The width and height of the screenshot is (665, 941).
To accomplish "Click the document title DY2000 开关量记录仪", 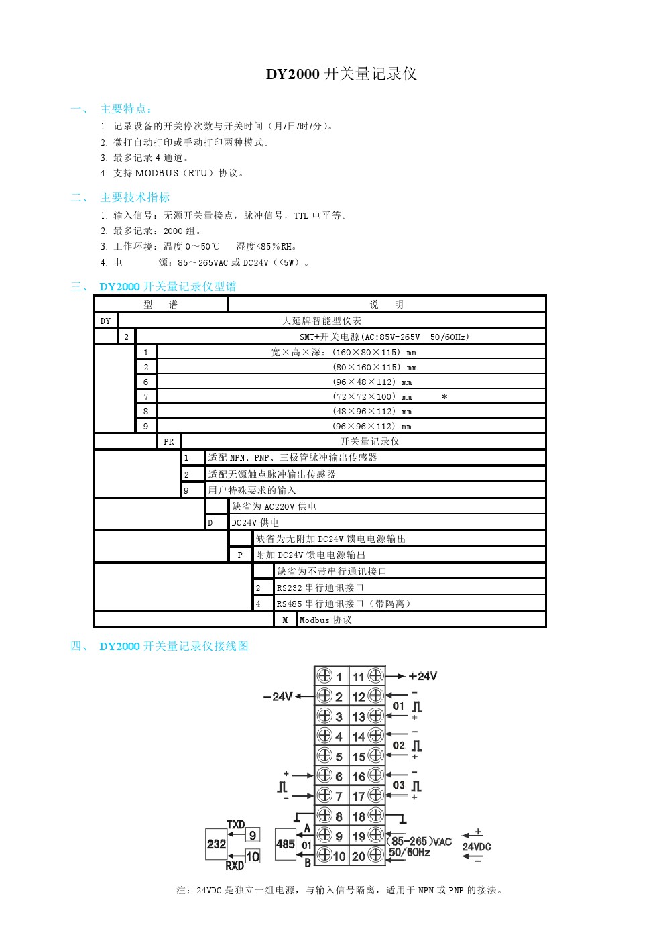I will click(341, 74).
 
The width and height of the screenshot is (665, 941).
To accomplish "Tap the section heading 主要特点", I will click(126, 109).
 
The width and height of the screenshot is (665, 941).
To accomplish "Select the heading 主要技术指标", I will click(135, 197).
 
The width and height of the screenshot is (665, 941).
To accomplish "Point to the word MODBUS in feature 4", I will click(157, 173).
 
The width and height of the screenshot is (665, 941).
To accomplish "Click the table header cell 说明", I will click(387, 305).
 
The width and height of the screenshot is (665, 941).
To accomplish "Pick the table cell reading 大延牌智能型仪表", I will click(322, 321).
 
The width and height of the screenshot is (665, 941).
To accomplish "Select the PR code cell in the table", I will click(169, 441).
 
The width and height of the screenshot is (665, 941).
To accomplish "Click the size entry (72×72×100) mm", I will click(372, 396).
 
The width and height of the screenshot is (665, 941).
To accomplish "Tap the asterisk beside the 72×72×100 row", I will click(444, 397).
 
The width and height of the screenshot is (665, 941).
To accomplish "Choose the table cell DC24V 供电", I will click(255, 522).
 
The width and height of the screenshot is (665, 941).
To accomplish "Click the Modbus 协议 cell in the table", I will click(325, 620).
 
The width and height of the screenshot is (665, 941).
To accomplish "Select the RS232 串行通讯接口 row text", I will click(320, 588).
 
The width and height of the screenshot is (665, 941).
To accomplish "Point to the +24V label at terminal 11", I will click(423, 676).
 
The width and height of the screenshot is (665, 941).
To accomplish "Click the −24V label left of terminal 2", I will click(278, 696).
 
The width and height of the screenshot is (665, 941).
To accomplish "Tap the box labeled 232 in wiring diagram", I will click(216, 844).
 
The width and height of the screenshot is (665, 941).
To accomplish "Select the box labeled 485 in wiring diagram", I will click(286, 844).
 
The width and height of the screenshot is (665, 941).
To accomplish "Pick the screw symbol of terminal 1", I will click(324, 675).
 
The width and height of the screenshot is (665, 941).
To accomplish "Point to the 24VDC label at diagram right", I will click(477, 846).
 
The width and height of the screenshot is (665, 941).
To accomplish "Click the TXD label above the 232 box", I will click(236, 824).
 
